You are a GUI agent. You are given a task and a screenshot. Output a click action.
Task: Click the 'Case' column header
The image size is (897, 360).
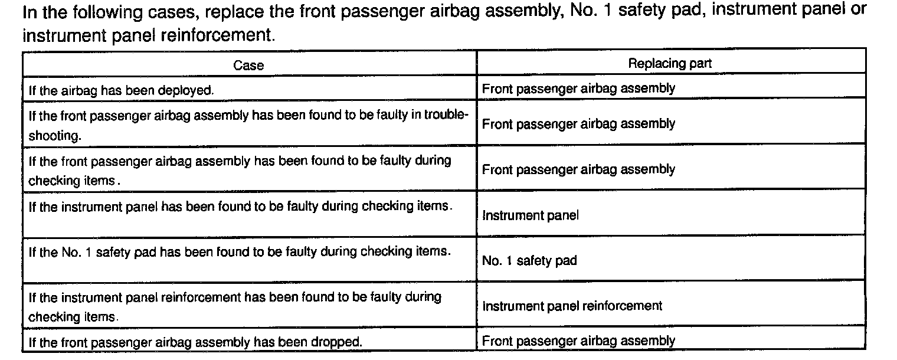[x=248, y=65]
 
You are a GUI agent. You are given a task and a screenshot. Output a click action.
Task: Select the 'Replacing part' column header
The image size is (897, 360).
[x=670, y=63]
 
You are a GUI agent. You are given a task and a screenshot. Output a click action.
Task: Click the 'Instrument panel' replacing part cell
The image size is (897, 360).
[x=531, y=215]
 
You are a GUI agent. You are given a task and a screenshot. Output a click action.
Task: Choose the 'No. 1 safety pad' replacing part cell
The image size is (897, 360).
[x=529, y=261]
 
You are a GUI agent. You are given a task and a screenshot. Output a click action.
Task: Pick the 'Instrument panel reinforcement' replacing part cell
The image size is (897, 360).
[x=572, y=306]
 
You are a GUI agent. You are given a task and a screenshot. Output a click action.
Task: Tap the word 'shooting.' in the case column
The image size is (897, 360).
[x=54, y=135]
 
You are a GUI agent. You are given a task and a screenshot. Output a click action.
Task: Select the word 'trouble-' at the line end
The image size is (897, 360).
[x=447, y=114]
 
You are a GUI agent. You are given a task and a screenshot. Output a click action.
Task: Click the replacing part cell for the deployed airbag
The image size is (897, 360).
[x=578, y=89]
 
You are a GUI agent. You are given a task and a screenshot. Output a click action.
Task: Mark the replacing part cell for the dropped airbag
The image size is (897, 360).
[x=578, y=341]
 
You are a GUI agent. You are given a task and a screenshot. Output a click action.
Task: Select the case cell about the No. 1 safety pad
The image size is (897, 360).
[x=240, y=252]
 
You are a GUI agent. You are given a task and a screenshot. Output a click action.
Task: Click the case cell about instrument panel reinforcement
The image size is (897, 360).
[x=235, y=306]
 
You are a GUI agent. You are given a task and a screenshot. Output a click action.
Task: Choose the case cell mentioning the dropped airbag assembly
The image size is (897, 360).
[x=195, y=342]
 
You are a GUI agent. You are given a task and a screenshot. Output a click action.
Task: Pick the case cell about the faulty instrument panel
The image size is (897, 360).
[x=241, y=207]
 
